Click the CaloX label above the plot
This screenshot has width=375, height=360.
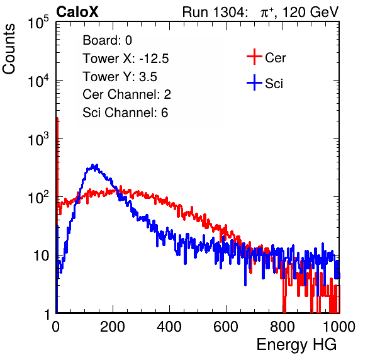(x=77, y=12)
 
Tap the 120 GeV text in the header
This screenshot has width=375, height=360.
(x=311, y=12)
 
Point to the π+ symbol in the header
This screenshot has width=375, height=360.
(x=267, y=12)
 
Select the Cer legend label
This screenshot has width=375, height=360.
(x=275, y=58)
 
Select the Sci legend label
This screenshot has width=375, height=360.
(x=274, y=84)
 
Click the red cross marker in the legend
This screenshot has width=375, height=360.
(x=254, y=57)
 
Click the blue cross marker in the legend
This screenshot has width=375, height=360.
(x=254, y=82)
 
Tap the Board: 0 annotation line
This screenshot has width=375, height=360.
(x=107, y=40)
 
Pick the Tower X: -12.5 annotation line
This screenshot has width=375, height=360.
(x=126, y=59)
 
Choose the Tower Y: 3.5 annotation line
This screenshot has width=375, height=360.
(x=120, y=77)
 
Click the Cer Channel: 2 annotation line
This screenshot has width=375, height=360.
(x=126, y=94)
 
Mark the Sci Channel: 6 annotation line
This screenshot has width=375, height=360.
(x=125, y=113)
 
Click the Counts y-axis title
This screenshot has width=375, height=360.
(x=9, y=49)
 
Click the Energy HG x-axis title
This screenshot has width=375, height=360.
(x=296, y=345)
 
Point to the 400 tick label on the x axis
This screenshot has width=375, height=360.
(x=169, y=327)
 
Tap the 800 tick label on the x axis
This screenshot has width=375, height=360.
(x=283, y=327)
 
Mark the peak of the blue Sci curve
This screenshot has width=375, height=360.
(x=95, y=166)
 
